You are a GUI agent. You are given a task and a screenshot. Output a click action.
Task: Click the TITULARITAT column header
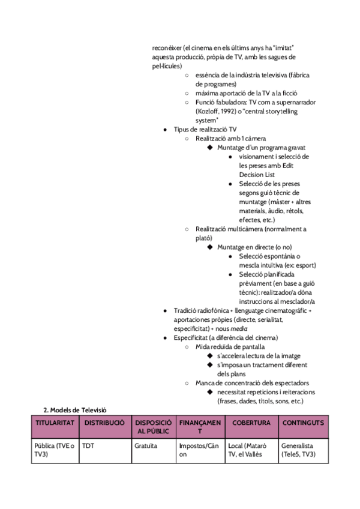click(x=55, y=423)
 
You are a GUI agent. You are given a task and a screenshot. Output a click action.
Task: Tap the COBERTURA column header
click(x=251, y=423)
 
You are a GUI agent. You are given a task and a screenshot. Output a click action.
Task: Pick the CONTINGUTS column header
click(x=303, y=423)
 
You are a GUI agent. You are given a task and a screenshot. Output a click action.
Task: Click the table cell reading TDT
click(x=88, y=447)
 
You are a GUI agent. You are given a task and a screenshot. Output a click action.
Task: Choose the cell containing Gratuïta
click(x=146, y=447)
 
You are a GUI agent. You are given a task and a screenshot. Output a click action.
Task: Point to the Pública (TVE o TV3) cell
click(x=55, y=450)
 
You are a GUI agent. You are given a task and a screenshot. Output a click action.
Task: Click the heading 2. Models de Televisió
click(x=75, y=409)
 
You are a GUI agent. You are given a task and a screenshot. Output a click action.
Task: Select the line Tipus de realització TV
click(x=205, y=129)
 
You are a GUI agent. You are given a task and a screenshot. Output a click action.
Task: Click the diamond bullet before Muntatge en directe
click(x=209, y=247)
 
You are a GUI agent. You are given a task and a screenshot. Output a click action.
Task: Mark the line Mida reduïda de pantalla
click(x=230, y=346)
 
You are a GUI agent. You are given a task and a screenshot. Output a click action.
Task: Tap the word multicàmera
click(x=248, y=229)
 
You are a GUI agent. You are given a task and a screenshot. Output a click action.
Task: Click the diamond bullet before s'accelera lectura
click(x=209, y=356)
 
